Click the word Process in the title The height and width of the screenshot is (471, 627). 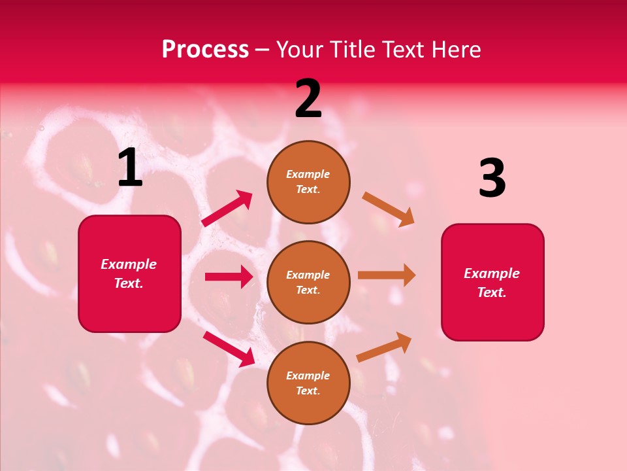[x=205, y=50]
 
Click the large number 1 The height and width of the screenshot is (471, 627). [x=130, y=168]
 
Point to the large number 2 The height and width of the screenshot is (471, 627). [x=308, y=99]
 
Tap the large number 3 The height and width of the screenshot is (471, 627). [x=492, y=179]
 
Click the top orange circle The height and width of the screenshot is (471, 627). [x=308, y=182]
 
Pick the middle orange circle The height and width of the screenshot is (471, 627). [x=308, y=282]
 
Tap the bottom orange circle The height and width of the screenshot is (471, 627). [x=308, y=383]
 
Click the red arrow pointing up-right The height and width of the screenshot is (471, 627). [x=227, y=209]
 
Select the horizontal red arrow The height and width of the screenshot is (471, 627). [x=229, y=277]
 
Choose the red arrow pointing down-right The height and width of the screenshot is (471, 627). [x=229, y=349]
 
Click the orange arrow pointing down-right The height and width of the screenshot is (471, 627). [x=388, y=209]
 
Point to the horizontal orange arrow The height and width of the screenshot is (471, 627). [x=387, y=275]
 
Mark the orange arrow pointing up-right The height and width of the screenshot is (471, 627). [x=384, y=347]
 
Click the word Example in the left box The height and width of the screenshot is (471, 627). [x=129, y=264]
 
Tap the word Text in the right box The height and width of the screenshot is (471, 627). [x=491, y=292]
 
